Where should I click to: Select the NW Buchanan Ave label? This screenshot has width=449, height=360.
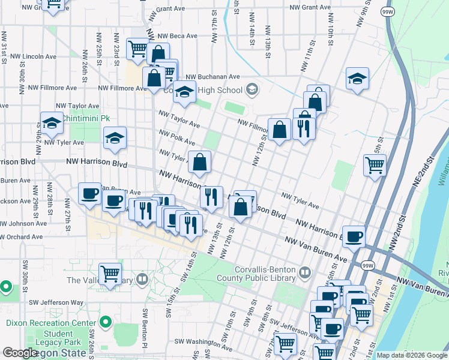tap(212, 77)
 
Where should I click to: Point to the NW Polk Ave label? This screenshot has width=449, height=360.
tap(176, 137)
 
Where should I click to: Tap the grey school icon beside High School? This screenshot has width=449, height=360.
tap(252, 90)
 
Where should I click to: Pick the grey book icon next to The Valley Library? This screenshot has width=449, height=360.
tap(142, 279)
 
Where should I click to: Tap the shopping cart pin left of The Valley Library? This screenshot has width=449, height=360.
tap(110, 274)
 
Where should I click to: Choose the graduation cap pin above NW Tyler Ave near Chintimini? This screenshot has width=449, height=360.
tap(52, 123)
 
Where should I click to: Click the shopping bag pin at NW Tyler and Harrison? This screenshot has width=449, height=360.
tap(200, 161)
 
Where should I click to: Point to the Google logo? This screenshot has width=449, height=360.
tap(20, 353)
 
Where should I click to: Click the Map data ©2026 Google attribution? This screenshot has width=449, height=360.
tap(411, 355)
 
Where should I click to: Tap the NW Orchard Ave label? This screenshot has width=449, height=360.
tap(22, 237)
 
